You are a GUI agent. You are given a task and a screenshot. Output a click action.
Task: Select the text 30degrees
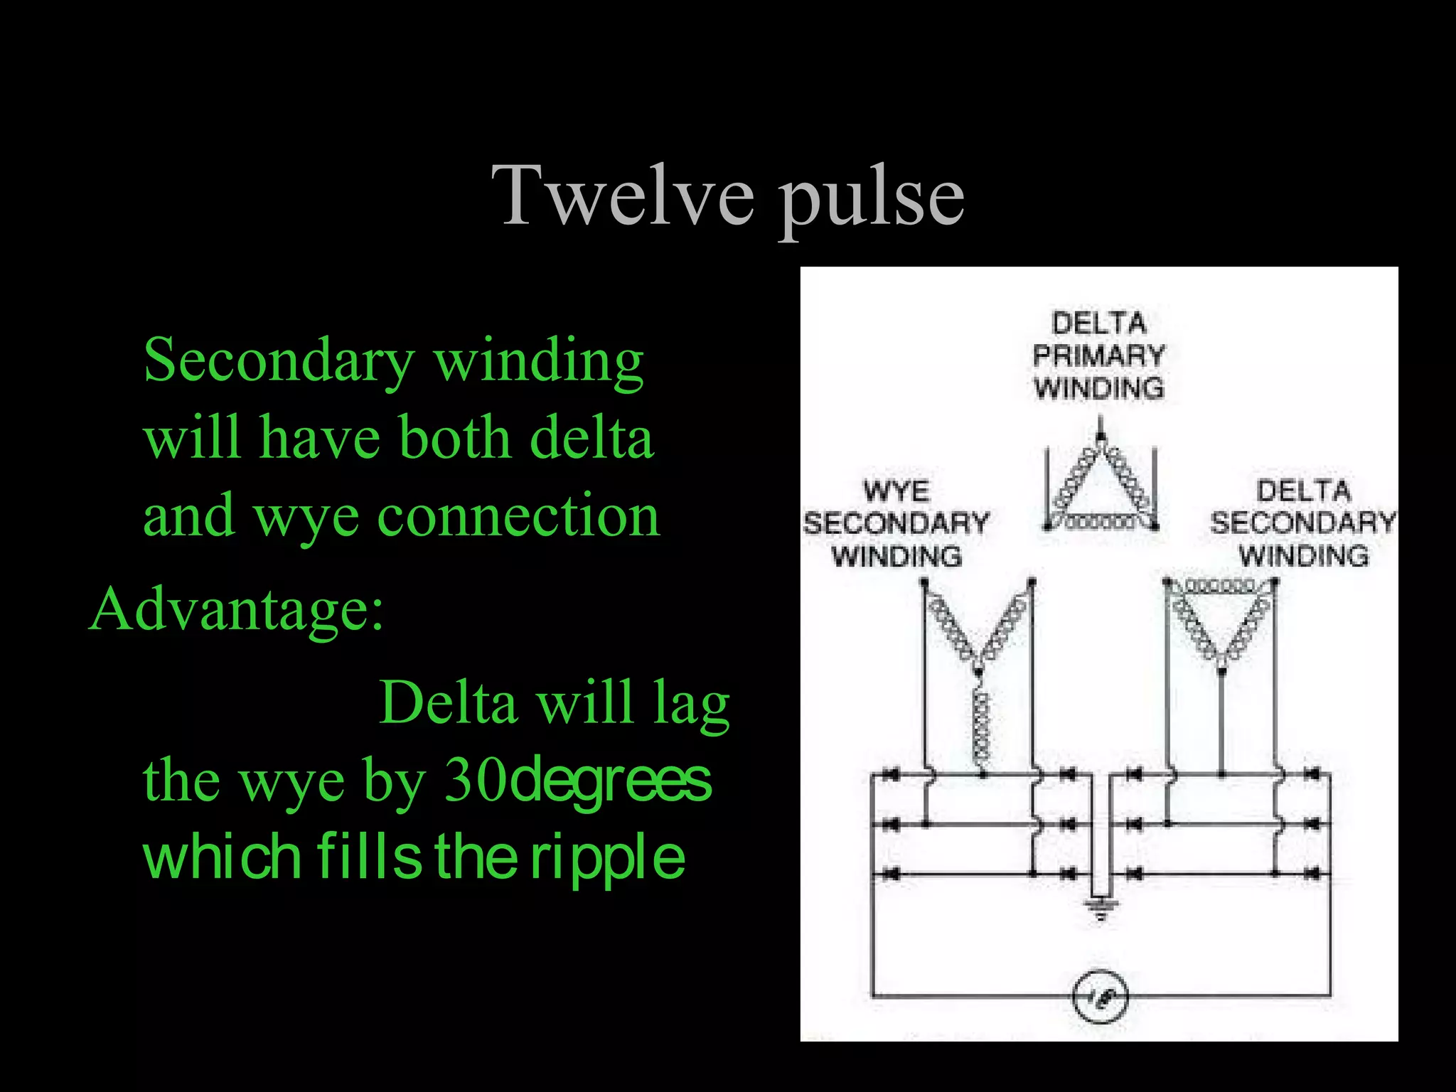pyautogui.click(x=577, y=780)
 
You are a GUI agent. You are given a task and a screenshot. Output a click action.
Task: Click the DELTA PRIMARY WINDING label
pyautogui.click(x=1098, y=355)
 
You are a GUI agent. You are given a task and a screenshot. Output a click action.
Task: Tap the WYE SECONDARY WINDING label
pyautogui.click(x=896, y=524)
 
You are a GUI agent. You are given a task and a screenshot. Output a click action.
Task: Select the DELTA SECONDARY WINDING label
pyautogui.click(x=1303, y=523)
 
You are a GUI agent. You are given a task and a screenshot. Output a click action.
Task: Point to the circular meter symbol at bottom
pyautogui.click(x=1099, y=997)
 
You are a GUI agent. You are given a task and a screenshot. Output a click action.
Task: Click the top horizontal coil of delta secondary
pyautogui.click(x=1220, y=587)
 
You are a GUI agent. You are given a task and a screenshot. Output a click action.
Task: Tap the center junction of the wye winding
pyautogui.click(x=979, y=668)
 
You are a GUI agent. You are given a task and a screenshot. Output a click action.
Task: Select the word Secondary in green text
pyautogui.click(x=279, y=360)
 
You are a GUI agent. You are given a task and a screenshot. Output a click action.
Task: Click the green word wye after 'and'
pyautogui.click(x=306, y=516)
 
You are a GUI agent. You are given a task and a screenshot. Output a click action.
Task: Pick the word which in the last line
pyautogui.click(x=222, y=857)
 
